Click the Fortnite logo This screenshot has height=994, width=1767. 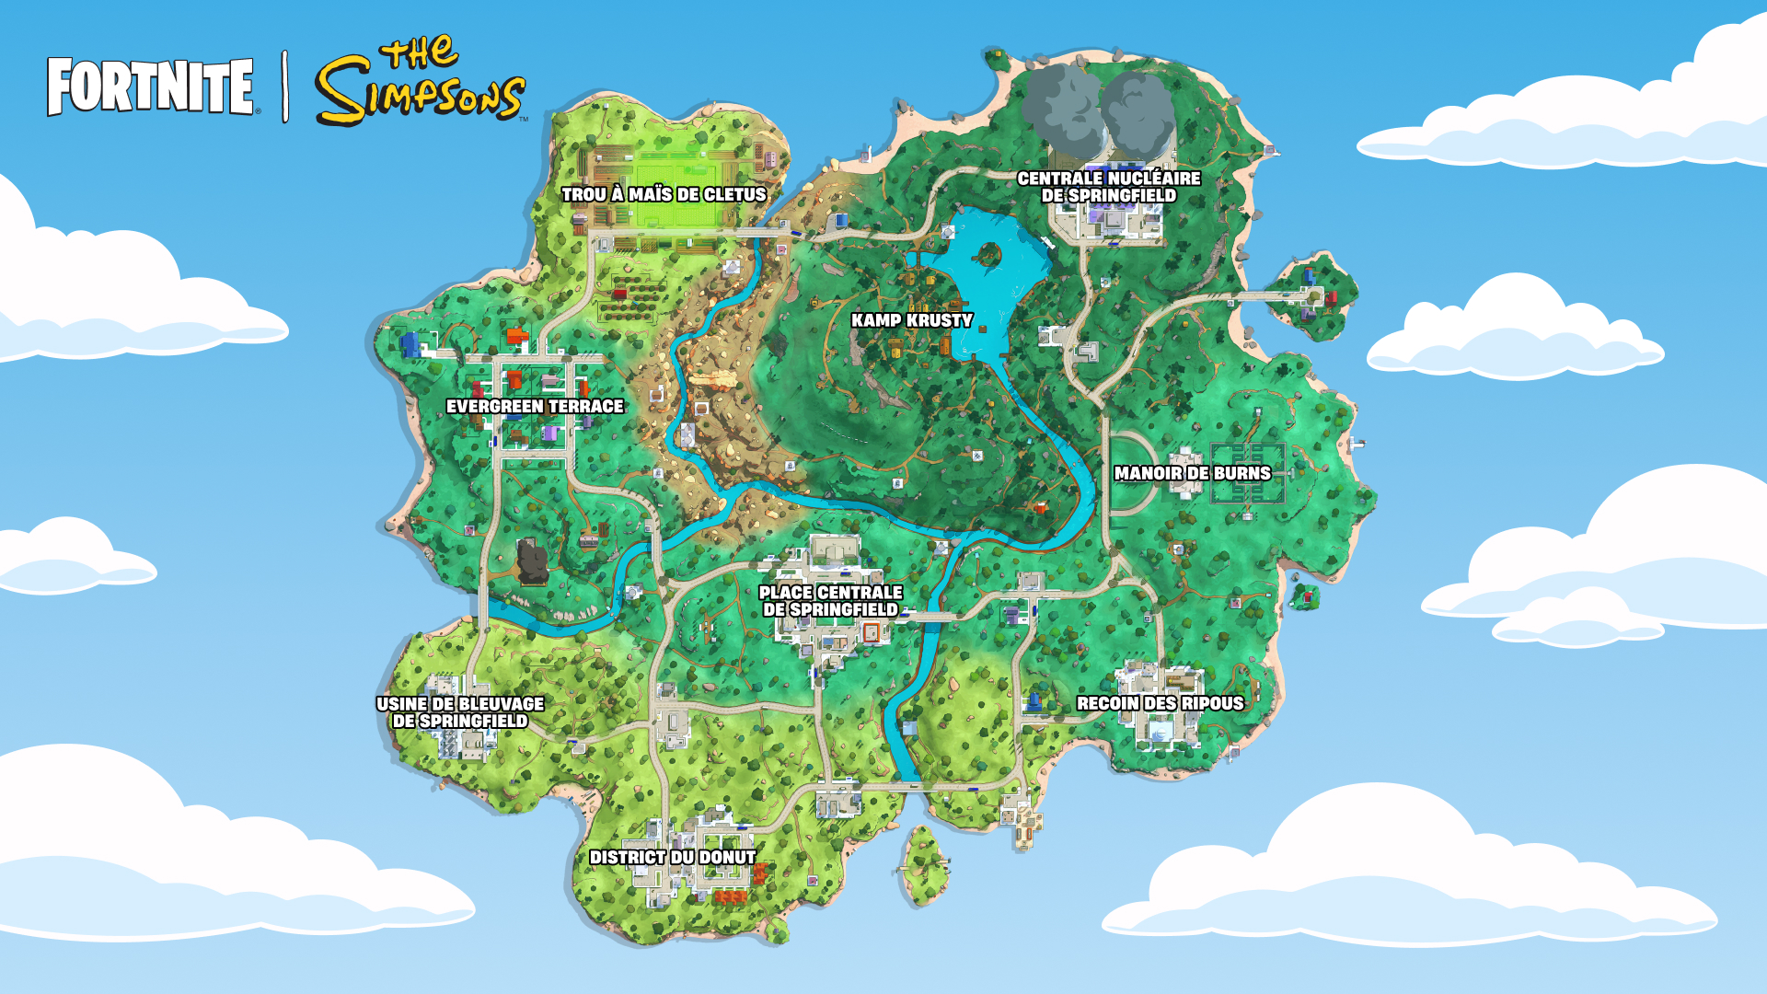pos(150,87)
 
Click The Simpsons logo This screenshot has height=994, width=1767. pos(421,83)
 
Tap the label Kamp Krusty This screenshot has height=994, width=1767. pos(911,320)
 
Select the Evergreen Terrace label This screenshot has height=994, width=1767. pos(535,406)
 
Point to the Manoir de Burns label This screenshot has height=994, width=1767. pos(1192,473)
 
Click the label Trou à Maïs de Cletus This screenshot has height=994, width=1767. pos(664,194)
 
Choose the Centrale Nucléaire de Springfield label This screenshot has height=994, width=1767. pos(1108,187)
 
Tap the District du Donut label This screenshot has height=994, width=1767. pos(673,857)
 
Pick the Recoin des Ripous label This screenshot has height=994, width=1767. pos(1160,703)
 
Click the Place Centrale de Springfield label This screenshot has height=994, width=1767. pos(830,601)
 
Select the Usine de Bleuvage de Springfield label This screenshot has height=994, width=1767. pos(460,712)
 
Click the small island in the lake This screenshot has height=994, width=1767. pos(988,252)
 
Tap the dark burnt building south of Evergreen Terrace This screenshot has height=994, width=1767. pos(532,561)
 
